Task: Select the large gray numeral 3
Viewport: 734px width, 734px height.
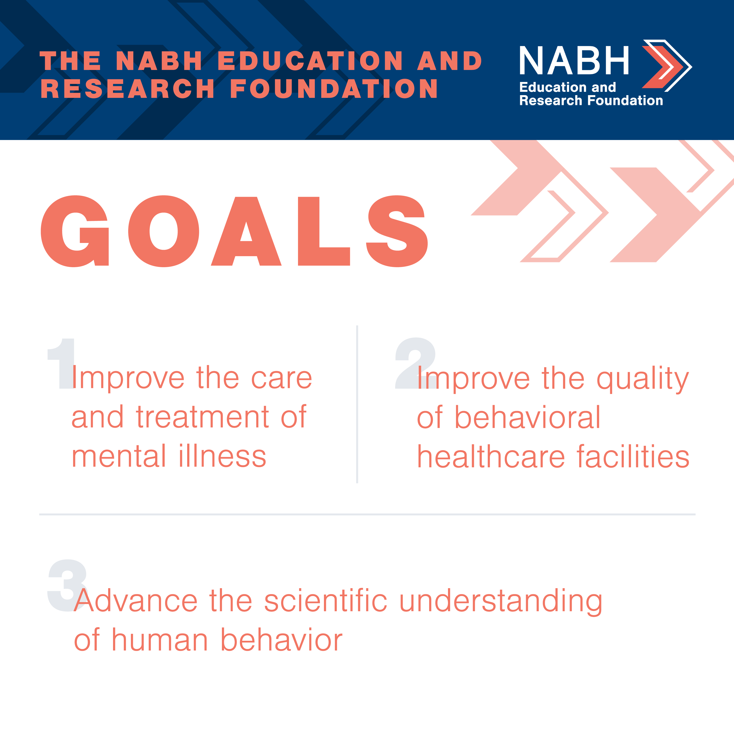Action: coord(68,585)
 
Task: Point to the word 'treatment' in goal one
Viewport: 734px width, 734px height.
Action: coord(203,417)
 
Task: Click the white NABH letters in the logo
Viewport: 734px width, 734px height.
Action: coord(574,60)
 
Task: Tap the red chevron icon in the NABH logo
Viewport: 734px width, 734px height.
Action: coord(662,67)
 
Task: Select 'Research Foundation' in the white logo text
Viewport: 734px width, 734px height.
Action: coord(591,100)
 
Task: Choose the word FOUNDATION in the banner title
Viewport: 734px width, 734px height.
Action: coord(334,89)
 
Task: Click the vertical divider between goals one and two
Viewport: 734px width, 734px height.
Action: coord(357,404)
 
